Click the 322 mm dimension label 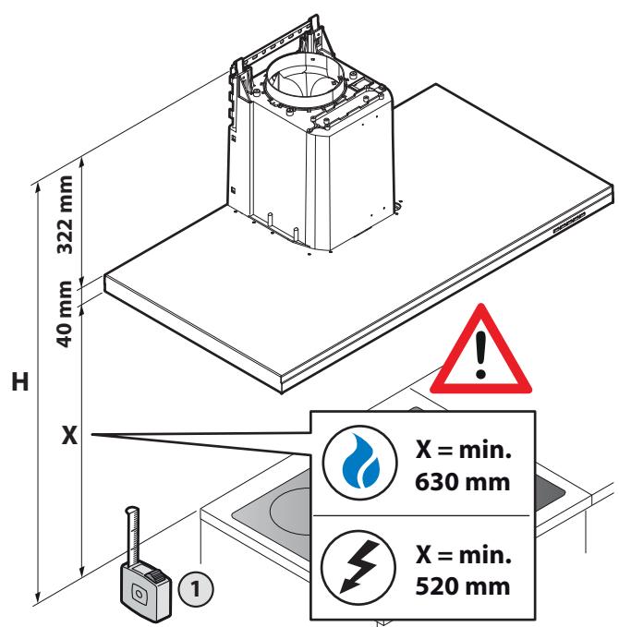click(66, 214)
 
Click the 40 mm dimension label click(64, 314)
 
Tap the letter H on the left click(20, 381)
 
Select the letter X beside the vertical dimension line click(69, 435)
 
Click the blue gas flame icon click(361, 461)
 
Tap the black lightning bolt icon click(358, 567)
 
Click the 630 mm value click(463, 482)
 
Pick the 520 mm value click(463, 586)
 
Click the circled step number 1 click(196, 588)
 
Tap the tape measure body click(146, 593)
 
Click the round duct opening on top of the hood click(305, 80)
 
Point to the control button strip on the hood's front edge click(569, 223)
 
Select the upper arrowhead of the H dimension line click(38, 188)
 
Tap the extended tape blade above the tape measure click(132, 536)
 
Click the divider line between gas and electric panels click(421, 516)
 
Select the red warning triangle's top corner click(480, 305)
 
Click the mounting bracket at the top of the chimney click(280, 44)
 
